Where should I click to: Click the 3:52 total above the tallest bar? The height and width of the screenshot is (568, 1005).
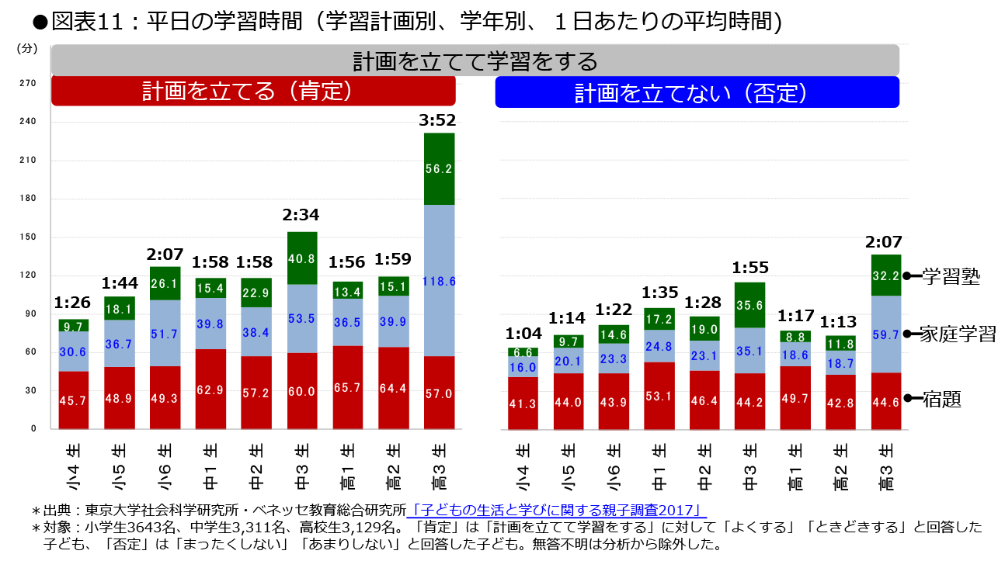point(440,120)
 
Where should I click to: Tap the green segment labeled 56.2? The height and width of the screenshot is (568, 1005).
point(440,168)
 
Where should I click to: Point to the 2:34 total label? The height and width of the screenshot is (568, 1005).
point(302,215)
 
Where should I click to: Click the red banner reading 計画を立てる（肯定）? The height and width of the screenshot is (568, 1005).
point(253,92)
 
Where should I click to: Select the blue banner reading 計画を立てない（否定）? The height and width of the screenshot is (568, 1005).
point(697,92)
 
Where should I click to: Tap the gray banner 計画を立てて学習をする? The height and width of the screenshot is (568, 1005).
point(475,61)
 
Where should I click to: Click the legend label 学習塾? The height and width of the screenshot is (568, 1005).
point(951,276)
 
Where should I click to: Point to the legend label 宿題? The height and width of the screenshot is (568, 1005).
point(942,400)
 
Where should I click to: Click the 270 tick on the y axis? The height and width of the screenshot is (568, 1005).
point(27,83)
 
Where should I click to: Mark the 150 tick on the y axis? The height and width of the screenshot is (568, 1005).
point(27,237)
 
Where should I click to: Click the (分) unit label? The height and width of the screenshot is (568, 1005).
point(26,48)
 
